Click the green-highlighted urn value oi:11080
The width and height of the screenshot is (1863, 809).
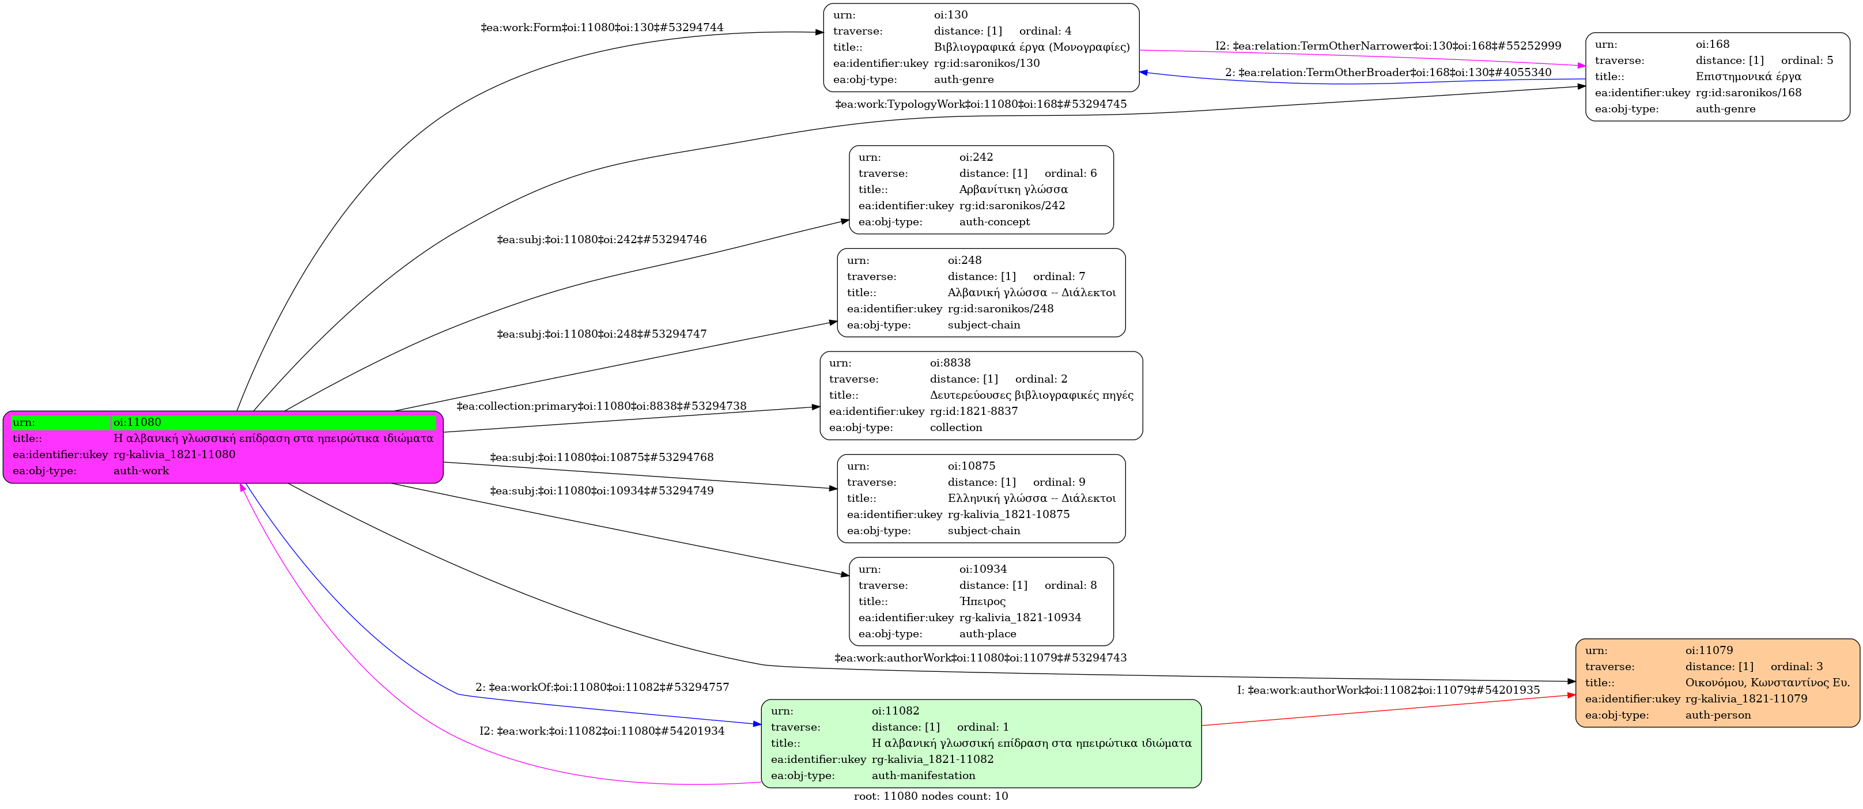pyautogui.click(x=137, y=422)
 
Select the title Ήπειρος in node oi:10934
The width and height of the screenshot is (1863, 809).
pyautogui.click(x=982, y=602)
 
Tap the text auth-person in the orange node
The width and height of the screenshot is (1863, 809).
pyautogui.click(x=1718, y=715)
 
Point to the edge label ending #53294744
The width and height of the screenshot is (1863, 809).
pyautogui.click(x=602, y=28)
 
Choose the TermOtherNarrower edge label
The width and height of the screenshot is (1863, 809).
pyautogui.click(x=1388, y=46)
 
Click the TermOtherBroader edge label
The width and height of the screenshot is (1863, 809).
pyautogui.click(x=1388, y=72)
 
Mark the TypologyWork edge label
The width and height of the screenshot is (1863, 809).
pyautogui.click(x=981, y=104)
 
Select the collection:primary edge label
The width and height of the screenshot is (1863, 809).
pyautogui.click(x=601, y=406)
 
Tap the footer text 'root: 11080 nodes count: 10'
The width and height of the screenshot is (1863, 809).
pyautogui.click(x=931, y=796)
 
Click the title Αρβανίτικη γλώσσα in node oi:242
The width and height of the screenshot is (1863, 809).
pyautogui.click(x=1013, y=190)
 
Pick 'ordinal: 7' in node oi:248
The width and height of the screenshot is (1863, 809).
pyautogui.click(x=1059, y=276)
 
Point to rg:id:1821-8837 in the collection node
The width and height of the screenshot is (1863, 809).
pyautogui.click(x=973, y=411)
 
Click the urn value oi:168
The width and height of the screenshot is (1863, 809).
pyautogui.click(x=1713, y=44)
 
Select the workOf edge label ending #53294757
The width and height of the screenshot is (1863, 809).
pyautogui.click(x=602, y=687)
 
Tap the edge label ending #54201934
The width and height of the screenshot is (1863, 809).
pyautogui.click(x=602, y=731)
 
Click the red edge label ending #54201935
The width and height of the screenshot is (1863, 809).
pyautogui.click(x=1388, y=690)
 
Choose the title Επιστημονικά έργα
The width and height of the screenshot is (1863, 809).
pyautogui.click(x=1748, y=77)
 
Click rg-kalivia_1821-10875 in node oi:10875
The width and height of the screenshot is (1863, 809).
pyautogui.click(x=1008, y=514)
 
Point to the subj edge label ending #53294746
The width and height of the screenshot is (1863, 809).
pyautogui.click(x=602, y=239)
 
